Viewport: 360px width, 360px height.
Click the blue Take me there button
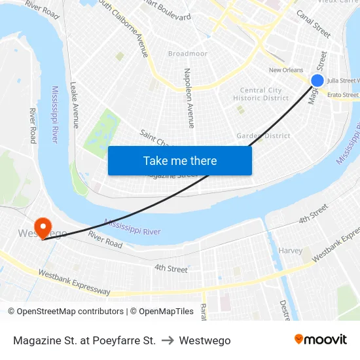[180, 160]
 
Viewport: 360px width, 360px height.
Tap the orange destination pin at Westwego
[43, 228]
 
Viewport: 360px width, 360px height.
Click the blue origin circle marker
[317, 81]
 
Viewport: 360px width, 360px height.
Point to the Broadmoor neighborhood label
[187, 54]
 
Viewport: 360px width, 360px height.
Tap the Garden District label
[263, 136]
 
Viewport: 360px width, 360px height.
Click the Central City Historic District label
[261, 94]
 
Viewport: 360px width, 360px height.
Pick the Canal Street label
[314, 23]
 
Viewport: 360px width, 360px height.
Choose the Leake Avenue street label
[75, 105]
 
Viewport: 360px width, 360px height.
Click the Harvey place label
[290, 251]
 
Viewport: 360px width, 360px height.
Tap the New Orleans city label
[286, 70]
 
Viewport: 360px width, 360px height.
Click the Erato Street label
[342, 95]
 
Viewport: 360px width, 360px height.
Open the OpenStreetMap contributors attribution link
[69, 312]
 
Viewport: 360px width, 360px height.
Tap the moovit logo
[320, 340]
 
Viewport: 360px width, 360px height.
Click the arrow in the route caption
[167, 340]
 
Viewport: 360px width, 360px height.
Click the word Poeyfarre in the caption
[117, 340]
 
